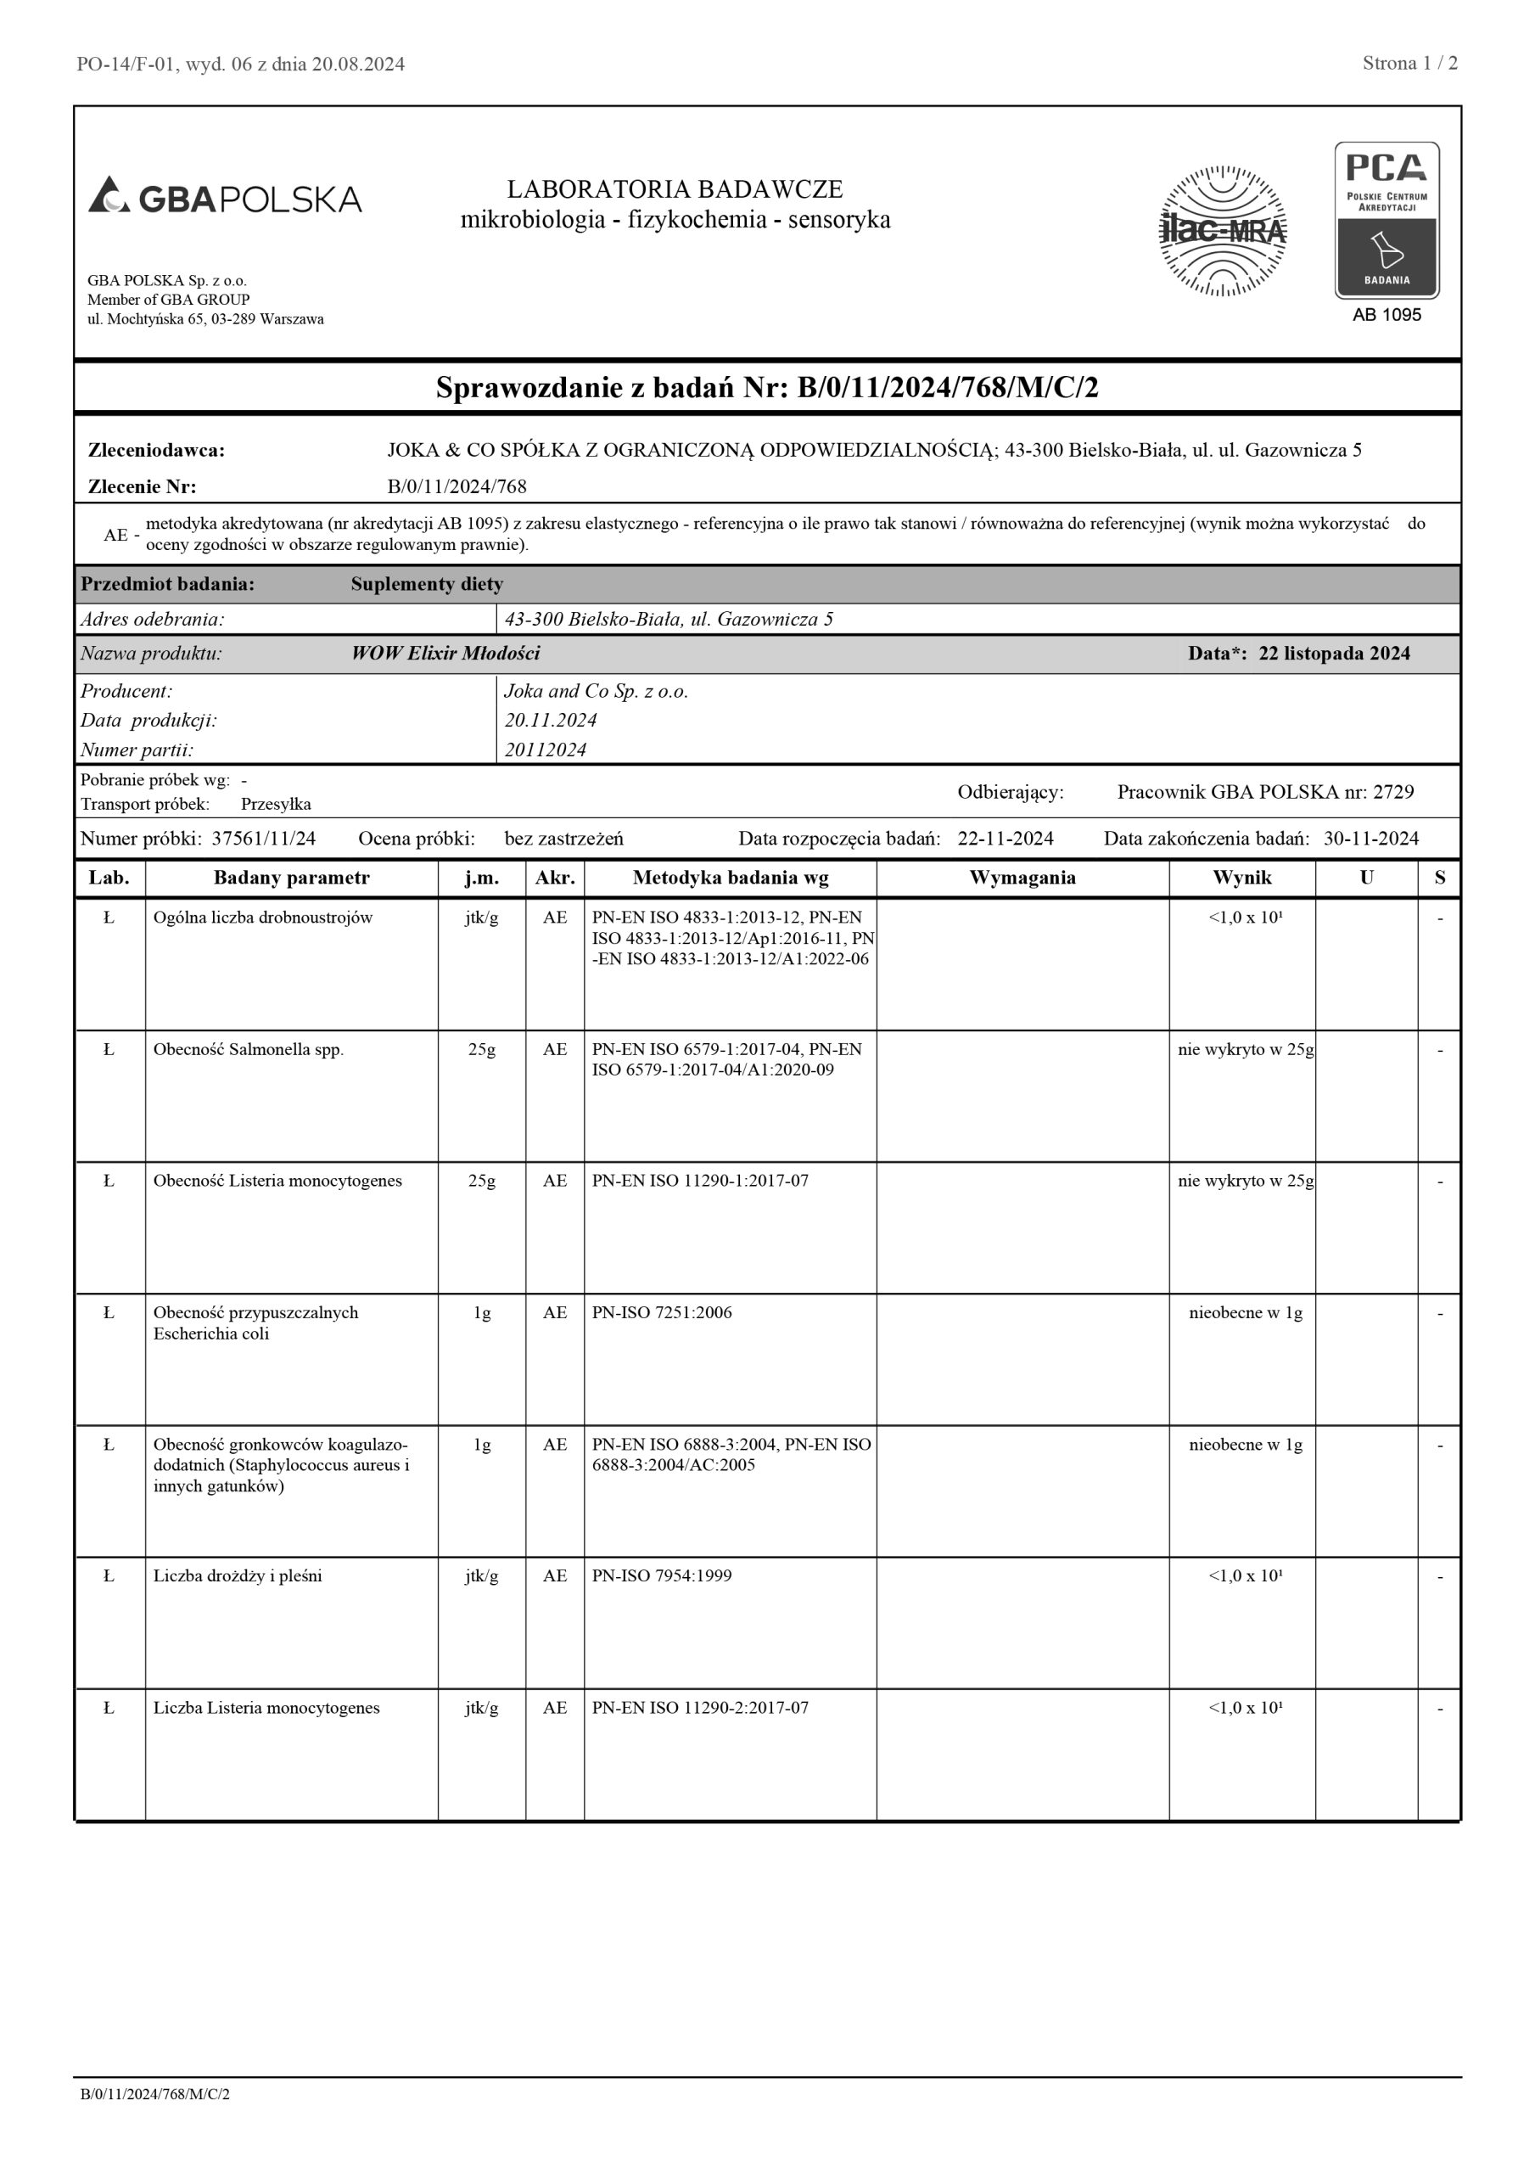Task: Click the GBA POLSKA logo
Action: tap(225, 197)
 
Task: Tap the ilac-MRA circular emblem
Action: tap(1223, 231)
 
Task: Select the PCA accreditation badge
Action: tap(1387, 221)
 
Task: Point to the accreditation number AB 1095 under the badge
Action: tap(1387, 315)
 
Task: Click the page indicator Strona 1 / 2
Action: tap(1409, 64)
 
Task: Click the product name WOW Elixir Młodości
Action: tap(445, 653)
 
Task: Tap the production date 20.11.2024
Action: tap(550, 721)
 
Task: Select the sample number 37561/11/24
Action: tap(264, 839)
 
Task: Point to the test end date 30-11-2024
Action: tap(1370, 839)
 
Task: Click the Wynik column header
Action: tap(1241, 879)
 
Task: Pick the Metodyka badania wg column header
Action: tap(730, 879)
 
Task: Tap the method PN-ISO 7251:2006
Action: tap(662, 1312)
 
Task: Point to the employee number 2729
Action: tap(1393, 792)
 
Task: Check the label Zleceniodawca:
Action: tap(156, 451)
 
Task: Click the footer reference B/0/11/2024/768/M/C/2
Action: tap(155, 2094)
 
